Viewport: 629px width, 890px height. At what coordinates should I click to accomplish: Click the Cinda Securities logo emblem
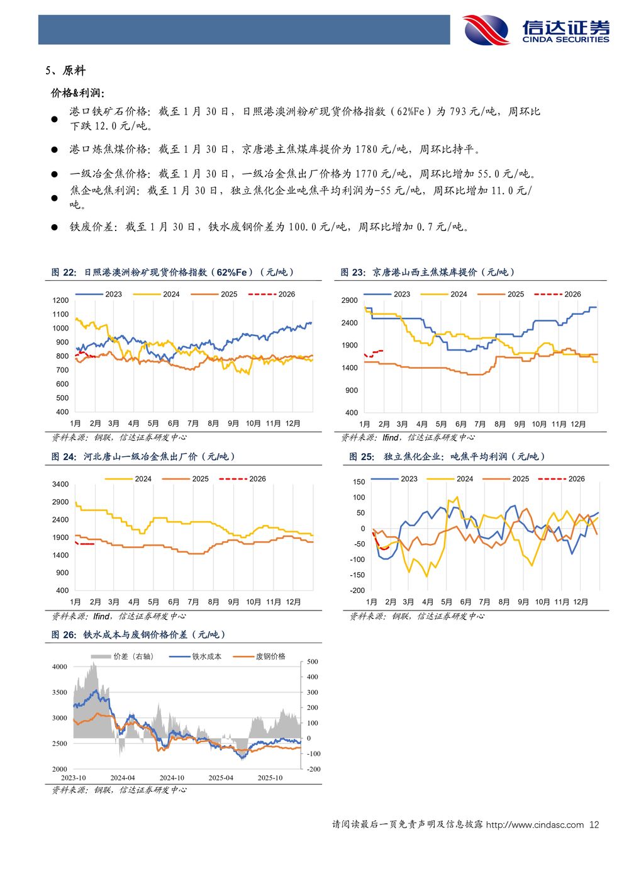pos(486,30)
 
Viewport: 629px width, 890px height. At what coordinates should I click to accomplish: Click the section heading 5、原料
pos(65,70)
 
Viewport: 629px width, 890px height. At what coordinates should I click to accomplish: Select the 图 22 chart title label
pos(173,272)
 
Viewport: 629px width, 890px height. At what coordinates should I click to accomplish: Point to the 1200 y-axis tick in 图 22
pos(61,300)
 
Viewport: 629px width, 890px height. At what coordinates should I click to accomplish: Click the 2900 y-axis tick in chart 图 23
pos(350,300)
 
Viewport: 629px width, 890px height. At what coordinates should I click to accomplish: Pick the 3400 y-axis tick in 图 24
pos(61,484)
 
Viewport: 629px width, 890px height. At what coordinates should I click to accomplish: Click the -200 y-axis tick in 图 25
pos(357,590)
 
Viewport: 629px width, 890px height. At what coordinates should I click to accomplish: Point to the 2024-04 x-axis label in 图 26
pos(123,778)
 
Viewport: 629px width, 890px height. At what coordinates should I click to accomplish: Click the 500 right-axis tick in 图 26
pos(313,662)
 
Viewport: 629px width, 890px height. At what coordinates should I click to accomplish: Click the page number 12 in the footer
pos(594,825)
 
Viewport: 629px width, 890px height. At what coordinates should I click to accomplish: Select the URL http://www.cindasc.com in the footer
pos(535,825)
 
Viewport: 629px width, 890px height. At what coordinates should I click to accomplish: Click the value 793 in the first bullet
pos(457,111)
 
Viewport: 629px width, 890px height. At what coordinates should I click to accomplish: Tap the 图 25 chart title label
pos(447,456)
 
